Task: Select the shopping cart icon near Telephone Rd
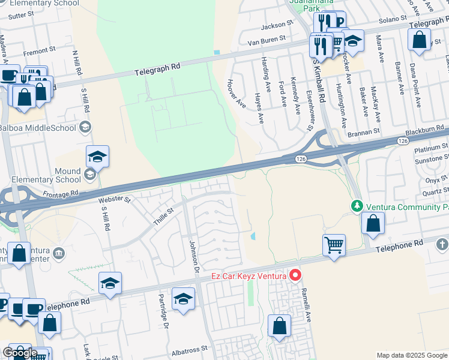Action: tap(334, 244)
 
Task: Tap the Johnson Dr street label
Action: tap(193, 256)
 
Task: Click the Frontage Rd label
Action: tap(61, 194)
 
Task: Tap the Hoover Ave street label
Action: tap(236, 94)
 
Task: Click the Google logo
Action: tap(19, 353)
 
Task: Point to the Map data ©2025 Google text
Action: tap(412, 355)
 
